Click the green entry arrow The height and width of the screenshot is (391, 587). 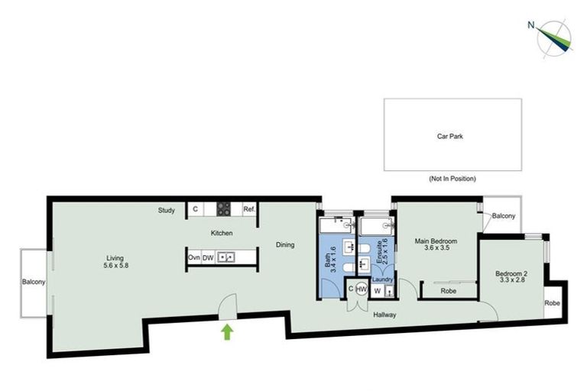coord(227,331)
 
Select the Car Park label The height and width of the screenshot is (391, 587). coord(450,137)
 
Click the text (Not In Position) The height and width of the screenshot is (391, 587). coord(452,179)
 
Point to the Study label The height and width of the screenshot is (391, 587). coord(167,210)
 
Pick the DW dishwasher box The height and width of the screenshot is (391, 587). coord(208,257)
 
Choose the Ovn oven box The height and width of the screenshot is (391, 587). coord(194,257)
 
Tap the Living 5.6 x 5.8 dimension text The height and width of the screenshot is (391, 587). coord(116,261)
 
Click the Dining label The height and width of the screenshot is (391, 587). coord(285,245)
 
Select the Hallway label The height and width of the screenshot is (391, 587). coord(384,314)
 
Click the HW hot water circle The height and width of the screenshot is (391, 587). coord(362,290)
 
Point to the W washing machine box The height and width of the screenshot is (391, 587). coord(378,290)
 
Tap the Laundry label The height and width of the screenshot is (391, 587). coord(383,280)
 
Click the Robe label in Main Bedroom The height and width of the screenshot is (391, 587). coord(449,291)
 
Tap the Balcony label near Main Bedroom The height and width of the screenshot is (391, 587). coord(504,216)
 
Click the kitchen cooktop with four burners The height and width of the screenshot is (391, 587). coord(225,208)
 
